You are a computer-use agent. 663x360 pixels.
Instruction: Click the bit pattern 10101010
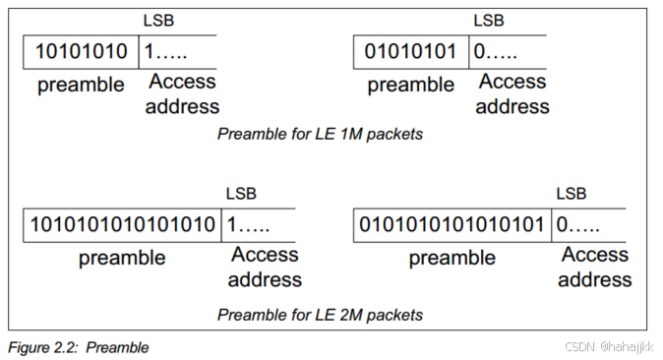[x=82, y=51]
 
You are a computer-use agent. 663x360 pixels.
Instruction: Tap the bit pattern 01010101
[x=411, y=51]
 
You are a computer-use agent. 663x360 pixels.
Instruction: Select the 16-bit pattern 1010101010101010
[x=123, y=224]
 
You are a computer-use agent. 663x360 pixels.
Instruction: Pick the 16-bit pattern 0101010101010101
[x=452, y=224]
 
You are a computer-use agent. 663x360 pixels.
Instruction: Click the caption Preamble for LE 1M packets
[x=320, y=133]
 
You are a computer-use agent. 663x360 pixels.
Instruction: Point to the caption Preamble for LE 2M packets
[x=320, y=315]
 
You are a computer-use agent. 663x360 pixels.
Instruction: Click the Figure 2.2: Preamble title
[x=78, y=347]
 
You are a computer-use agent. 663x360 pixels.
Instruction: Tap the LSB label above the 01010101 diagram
[x=488, y=21]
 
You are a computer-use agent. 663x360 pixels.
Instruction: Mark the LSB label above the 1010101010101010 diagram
[x=241, y=194]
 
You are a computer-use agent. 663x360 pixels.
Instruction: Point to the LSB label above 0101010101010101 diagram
[x=571, y=194]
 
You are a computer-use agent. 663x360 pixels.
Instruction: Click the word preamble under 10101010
[x=82, y=86]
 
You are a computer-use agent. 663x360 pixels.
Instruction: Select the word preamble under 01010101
[x=411, y=86]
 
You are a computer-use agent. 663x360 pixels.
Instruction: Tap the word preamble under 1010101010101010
[x=122, y=259]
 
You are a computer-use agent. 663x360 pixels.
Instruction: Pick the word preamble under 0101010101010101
[x=452, y=259]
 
